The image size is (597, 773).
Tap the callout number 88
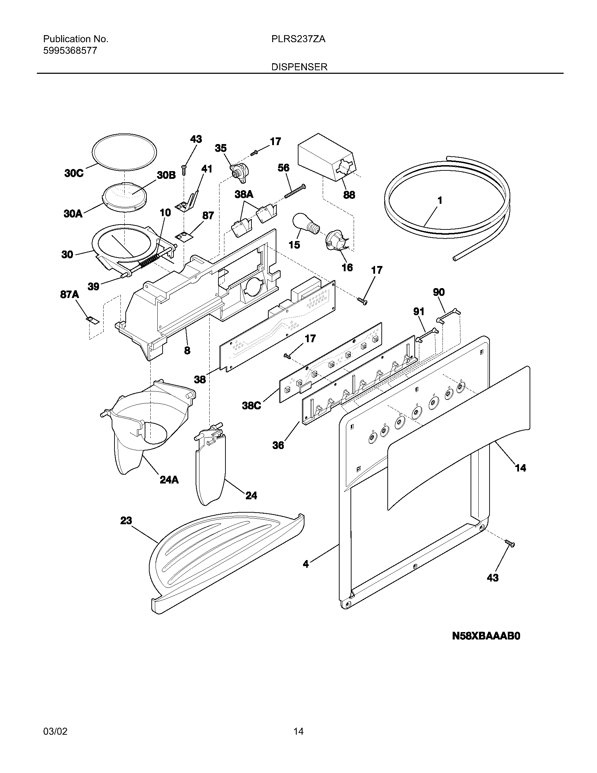(349, 195)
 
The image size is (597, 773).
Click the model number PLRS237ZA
(298, 39)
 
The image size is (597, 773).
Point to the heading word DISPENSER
(299, 67)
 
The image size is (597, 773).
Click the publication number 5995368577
(70, 51)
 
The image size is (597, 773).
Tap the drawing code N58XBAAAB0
(486, 636)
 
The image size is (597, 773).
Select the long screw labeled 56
(295, 191)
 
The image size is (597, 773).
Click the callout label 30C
(74, 174)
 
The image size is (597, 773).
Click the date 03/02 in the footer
(55, 731)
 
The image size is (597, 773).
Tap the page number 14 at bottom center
(298, 731)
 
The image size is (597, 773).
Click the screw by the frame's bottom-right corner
(510, 543)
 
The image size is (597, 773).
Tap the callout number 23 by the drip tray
(126, 520)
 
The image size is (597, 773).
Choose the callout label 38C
(251, 405)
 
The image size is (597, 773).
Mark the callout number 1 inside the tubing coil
(440, 201)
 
